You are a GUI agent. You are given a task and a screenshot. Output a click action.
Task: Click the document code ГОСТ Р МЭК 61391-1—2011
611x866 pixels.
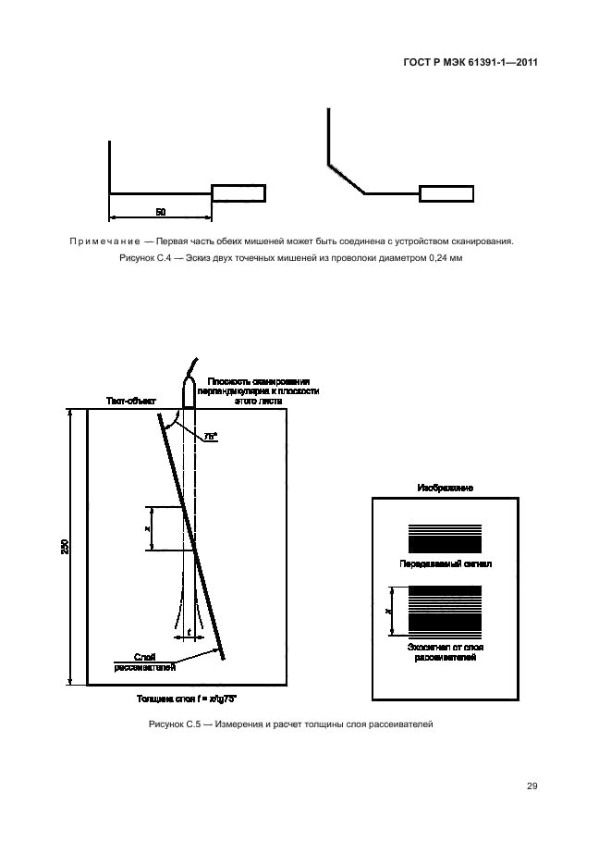(470, 63)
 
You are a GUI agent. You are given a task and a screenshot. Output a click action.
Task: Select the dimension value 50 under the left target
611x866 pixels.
(160, 213)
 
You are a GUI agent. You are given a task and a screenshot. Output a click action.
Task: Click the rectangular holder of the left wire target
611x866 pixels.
(238, 193)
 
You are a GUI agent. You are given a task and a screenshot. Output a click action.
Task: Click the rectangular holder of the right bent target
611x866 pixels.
(446, 194)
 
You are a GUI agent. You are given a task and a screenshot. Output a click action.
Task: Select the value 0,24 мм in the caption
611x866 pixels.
(441, 260)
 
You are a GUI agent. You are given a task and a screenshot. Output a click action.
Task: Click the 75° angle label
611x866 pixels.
(210, 432)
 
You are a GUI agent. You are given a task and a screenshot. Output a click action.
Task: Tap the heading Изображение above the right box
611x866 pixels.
(445, 487)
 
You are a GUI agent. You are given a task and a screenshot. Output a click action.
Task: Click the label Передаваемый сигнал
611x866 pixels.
(445, 562)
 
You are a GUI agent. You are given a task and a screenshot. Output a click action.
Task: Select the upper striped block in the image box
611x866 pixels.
(445, 538)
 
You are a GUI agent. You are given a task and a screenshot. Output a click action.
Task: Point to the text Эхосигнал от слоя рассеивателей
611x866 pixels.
(445, 653)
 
